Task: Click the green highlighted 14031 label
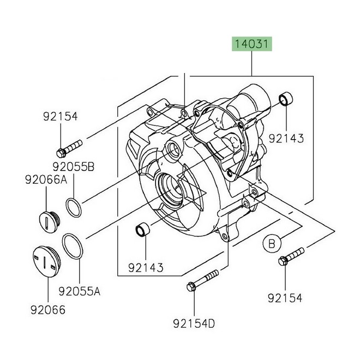[x=251, y=44]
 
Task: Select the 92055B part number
[x=74, y=166]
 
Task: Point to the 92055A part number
[x=80, y=292]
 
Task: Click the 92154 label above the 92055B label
[x=61, y=116]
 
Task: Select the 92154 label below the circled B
[x=285, y=297]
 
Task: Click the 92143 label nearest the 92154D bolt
[x=146, y=268]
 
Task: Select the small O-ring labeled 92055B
[x=74, y=207]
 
